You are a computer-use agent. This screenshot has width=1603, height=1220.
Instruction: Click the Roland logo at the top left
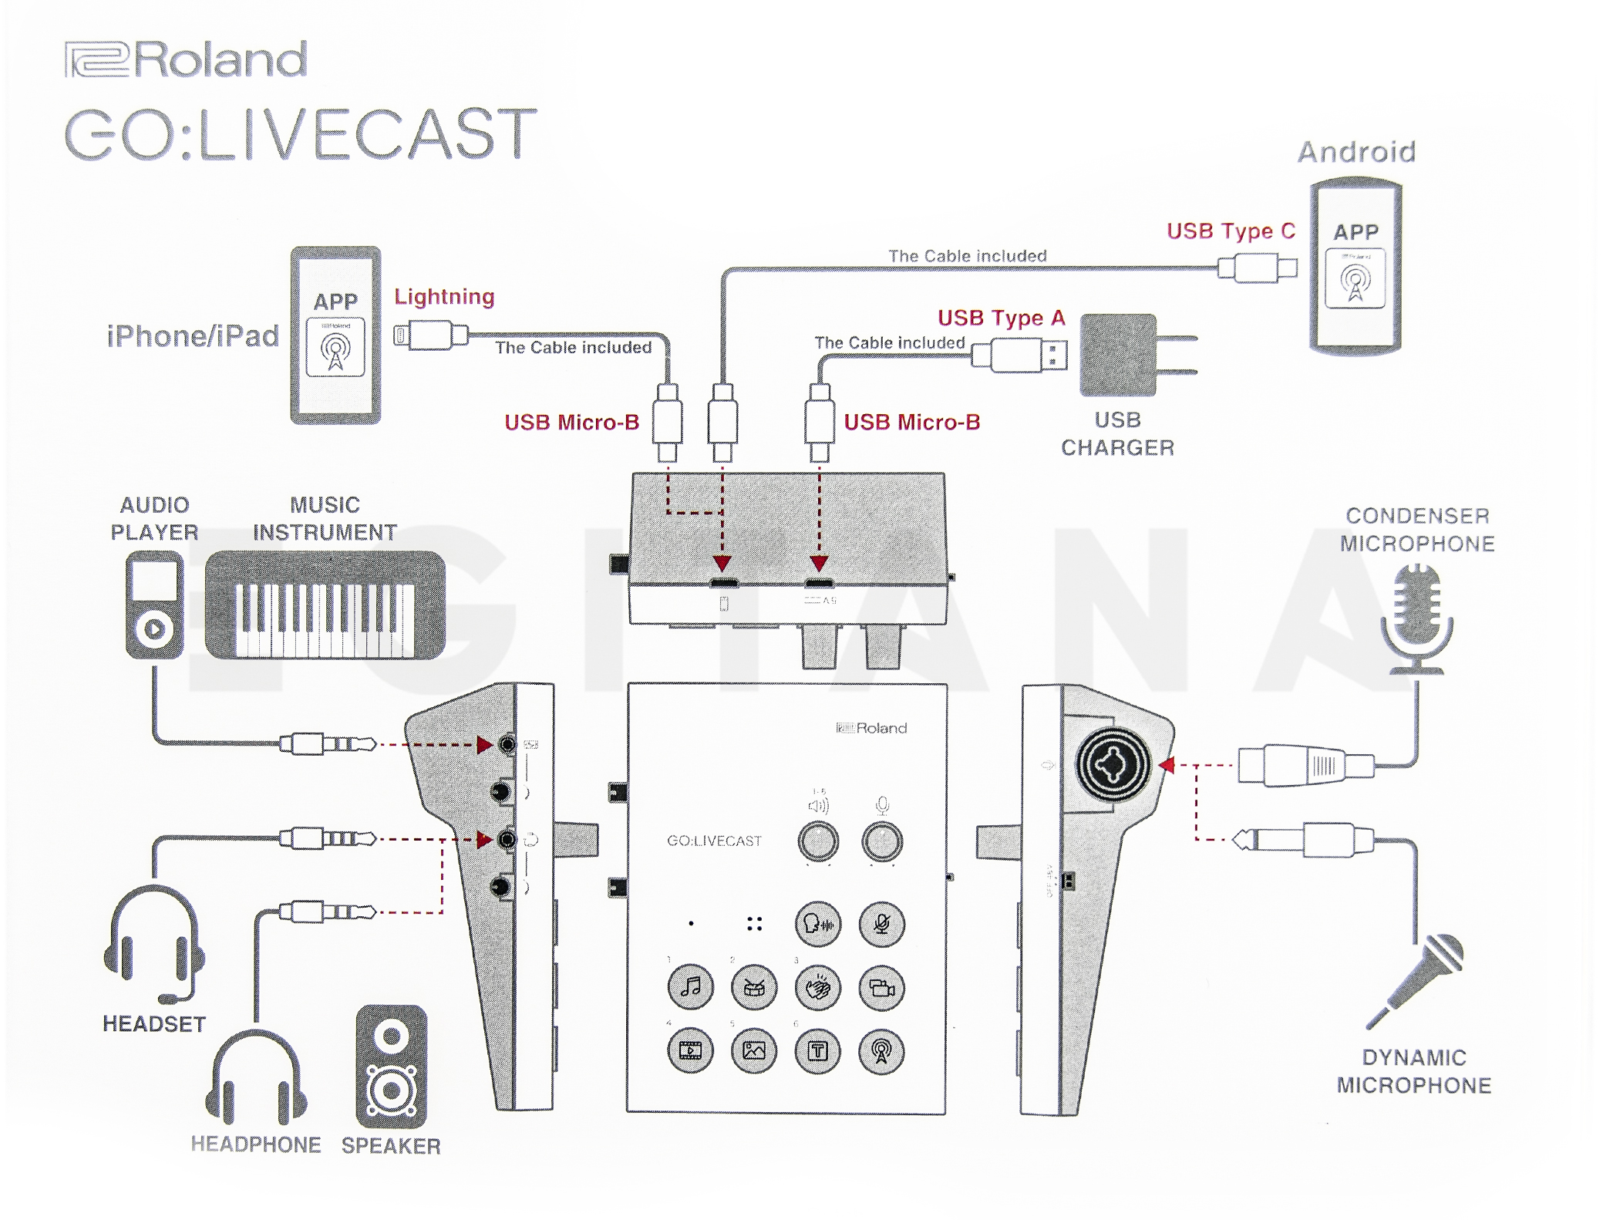[x=186, y=59]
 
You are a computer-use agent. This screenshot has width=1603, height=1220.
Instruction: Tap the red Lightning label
[x=444, y=297]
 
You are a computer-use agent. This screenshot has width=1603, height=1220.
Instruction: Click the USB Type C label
[x=1231, y=231]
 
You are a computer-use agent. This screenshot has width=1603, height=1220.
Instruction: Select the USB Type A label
[x=1001, y=318]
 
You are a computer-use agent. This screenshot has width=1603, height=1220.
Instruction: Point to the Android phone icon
[x=1355, y=266]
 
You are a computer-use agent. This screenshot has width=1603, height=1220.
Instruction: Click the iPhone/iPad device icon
[x=335, y=335]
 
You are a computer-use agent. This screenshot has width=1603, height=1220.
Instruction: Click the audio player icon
[x=154, y=605]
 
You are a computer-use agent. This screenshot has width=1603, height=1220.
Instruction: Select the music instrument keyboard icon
[x=325, y=606]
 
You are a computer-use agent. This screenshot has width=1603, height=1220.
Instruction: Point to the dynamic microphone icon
[x=1417, y=979]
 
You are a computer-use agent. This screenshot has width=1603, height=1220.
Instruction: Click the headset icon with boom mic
[x=154, y=945]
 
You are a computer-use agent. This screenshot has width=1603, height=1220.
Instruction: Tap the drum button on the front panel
[x=754, y=987]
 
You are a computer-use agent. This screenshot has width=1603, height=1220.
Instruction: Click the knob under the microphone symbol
[x=881, y=841]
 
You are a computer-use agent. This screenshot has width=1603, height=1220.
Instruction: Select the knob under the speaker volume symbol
[x=817, y=841]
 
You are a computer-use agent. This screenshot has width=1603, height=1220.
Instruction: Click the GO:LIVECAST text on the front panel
[x=714, y=841]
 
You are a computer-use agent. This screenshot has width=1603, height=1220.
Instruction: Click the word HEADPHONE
[x=255, y=1144]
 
